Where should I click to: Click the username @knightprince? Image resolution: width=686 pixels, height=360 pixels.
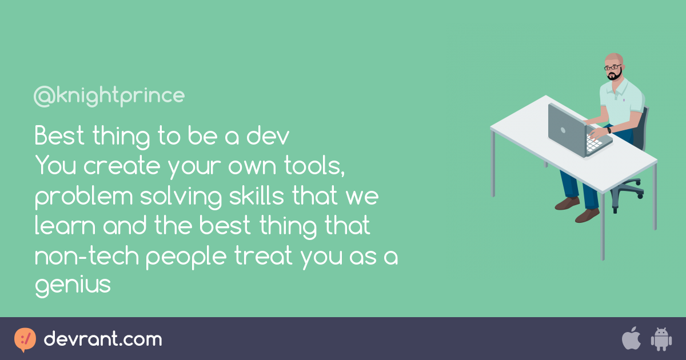coord(109,96)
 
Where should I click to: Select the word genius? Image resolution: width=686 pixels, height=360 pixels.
coord(73,285)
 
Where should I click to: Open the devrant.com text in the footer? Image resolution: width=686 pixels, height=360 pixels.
coord(103,339)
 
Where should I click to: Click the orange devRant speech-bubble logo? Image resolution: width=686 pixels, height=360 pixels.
coord(25,339)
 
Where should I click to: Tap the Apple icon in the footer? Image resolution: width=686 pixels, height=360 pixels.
coord(631,338)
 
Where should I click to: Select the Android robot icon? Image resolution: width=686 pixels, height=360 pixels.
coord(660,339)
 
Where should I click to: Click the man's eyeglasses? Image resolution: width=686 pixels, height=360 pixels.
coord(612,67)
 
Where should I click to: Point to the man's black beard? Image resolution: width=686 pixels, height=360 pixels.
coord(614,76)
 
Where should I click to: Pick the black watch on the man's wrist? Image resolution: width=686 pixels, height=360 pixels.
coord(609,130)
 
